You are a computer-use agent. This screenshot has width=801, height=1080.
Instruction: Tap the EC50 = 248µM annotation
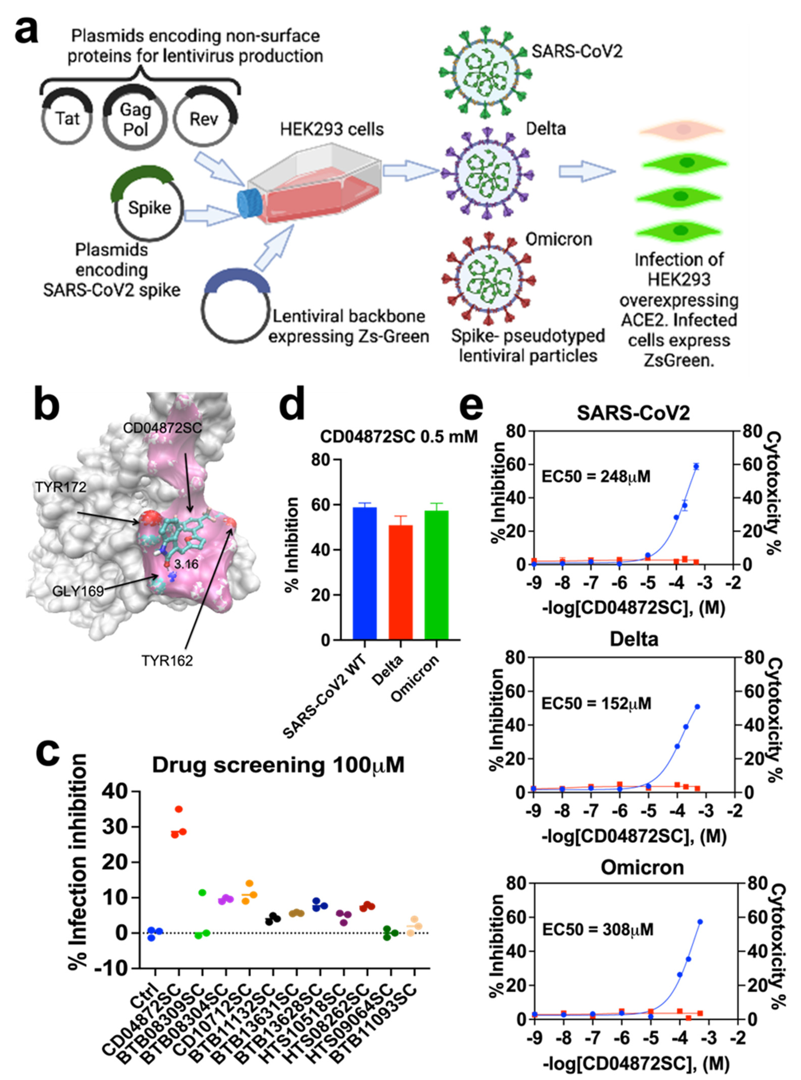pyautogui.click(x=595, y=476)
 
